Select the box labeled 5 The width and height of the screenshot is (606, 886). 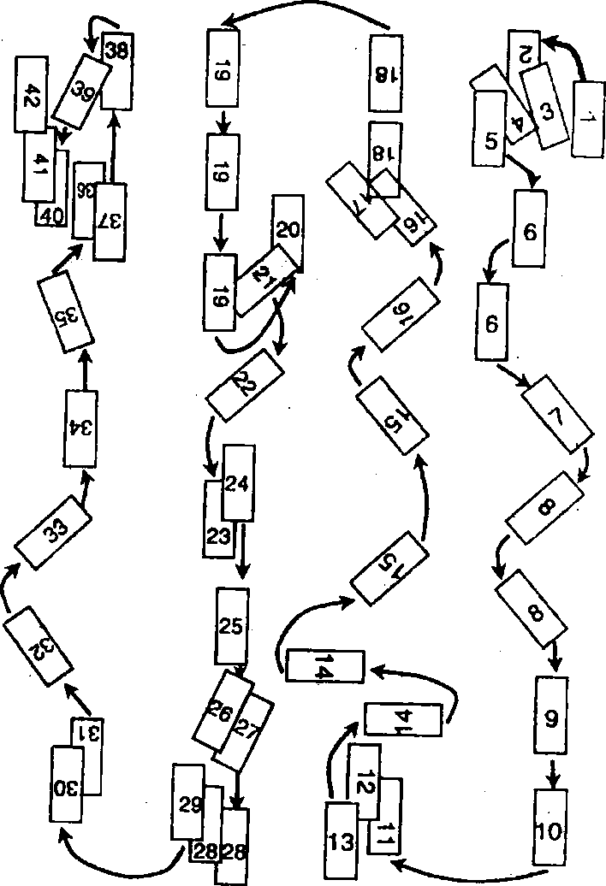(x=490, y=131)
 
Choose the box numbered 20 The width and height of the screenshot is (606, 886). (x=288, y=229)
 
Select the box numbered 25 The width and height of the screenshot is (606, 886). (x=231, y=626)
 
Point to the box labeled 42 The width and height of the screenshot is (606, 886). (x=32, y=94)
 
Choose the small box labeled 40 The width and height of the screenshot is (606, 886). (x=51, y=216)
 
